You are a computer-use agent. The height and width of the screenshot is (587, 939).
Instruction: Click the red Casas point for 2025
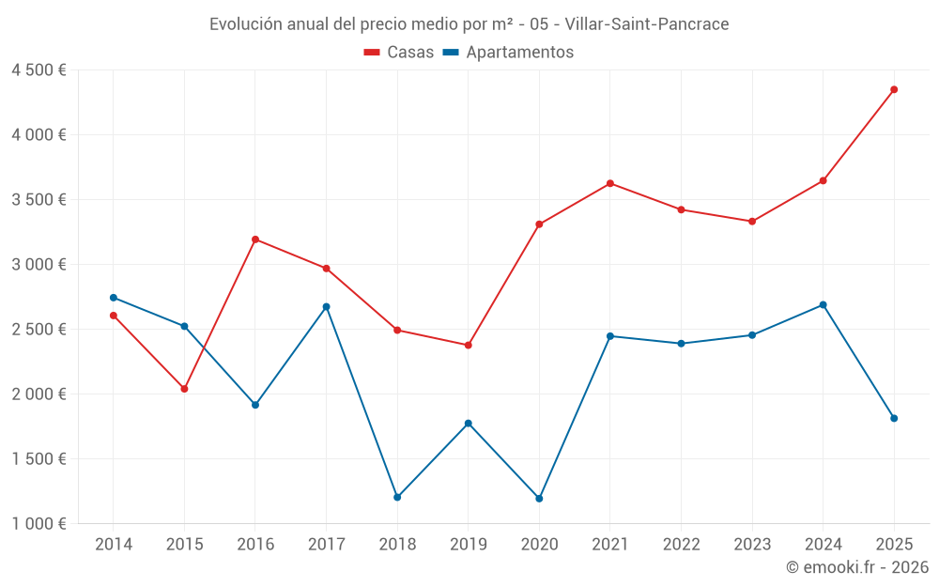click(894, 90)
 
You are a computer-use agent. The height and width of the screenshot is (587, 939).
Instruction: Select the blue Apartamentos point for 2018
click(397, 497)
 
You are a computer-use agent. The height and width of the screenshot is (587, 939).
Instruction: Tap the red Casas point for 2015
click(184, 389)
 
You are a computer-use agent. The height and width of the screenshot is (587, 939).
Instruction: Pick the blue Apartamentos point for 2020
click(539, 499)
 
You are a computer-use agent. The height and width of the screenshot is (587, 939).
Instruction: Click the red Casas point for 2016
click(255, 239)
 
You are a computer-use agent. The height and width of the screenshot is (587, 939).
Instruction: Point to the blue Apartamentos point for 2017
click(327, 307)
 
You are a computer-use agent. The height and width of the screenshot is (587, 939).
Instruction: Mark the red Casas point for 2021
click(610, 183)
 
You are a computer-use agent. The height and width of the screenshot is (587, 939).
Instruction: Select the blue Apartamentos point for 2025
click(894, 418)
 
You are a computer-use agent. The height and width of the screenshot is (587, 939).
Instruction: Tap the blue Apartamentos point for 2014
click(114, 298)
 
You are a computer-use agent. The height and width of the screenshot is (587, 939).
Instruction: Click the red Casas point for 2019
click(469, 345)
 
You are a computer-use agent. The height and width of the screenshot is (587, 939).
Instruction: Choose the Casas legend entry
click(399, 52)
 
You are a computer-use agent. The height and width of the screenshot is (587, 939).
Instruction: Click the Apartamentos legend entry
click(508, 52)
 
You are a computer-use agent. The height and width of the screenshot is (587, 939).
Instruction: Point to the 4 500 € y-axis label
click(38, 70)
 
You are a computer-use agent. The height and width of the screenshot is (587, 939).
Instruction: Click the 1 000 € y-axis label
click(38, 523)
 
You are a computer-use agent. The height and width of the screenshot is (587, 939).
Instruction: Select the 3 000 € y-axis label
click(38, 264)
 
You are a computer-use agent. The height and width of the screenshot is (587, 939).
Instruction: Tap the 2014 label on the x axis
click(114, 544)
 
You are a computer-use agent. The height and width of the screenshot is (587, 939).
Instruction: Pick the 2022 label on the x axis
click(682, 544)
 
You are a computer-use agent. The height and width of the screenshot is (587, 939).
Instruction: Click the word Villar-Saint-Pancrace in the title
click(647, 24)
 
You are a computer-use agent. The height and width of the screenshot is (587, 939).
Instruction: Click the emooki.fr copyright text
click(857, 566)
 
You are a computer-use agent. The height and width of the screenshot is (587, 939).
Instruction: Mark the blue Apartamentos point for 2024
click(823, 305)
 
